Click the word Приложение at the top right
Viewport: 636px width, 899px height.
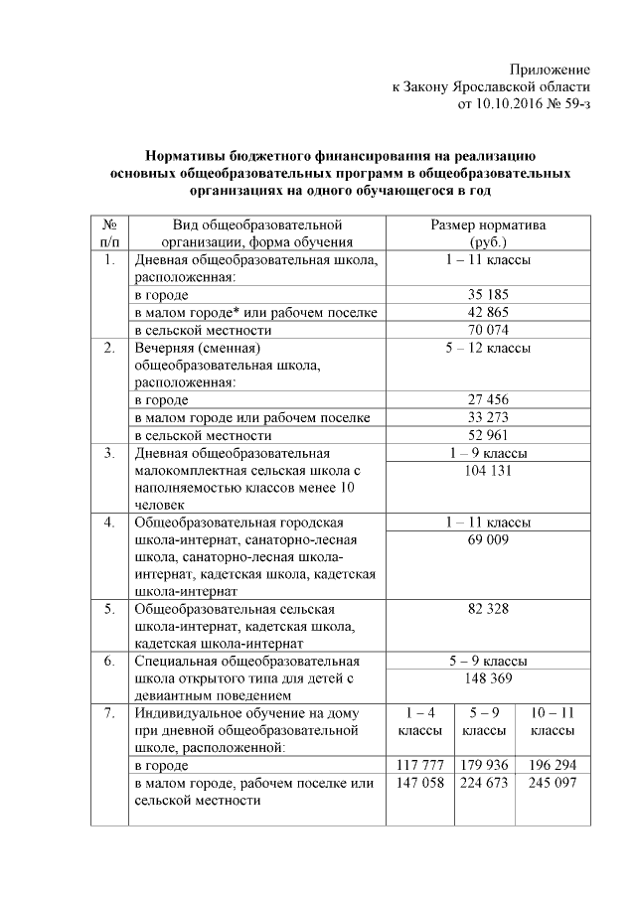(x=550, y=70)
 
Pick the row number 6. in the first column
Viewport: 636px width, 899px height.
(x=109, y=661)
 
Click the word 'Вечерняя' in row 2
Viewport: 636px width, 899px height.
(x=166, y=348)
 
